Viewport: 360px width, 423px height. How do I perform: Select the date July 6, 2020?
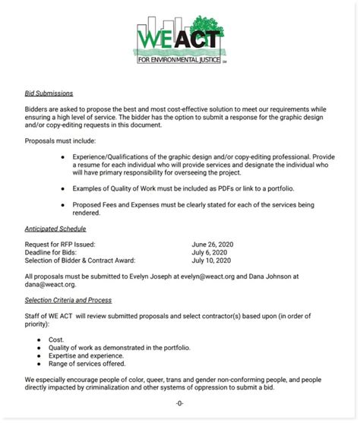[x=210, y=251]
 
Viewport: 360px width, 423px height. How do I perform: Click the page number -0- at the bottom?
[x=179, y=402]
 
